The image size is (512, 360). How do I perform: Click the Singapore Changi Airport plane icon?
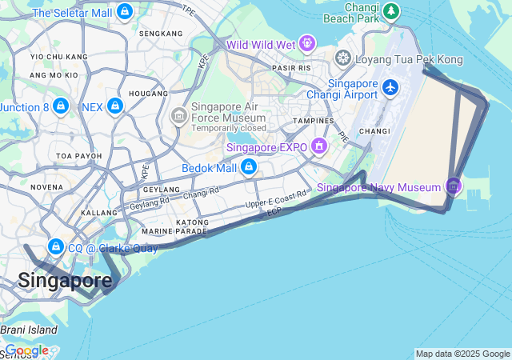coord(390,87)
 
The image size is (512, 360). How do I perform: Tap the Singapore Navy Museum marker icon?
coord(454,187)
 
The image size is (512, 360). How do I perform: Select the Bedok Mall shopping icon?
coord(249,167)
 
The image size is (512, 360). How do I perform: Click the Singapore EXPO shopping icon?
coord(319,146)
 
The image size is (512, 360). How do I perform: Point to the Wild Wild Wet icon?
coord(306,43)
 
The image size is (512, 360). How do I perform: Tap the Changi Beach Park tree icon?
coord(390,11)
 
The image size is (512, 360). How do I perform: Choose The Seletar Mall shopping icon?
coord(125,12)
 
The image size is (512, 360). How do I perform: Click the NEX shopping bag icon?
coord(115,106)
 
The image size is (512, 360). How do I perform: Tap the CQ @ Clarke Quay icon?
coord(55,246)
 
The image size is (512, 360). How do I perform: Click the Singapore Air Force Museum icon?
coord(178,117)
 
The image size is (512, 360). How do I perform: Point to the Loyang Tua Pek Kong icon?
coord(343,59)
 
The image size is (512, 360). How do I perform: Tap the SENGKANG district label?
coord(161,34)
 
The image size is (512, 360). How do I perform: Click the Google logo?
coord(26,350)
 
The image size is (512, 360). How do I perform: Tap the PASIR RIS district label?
coord(291,69)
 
